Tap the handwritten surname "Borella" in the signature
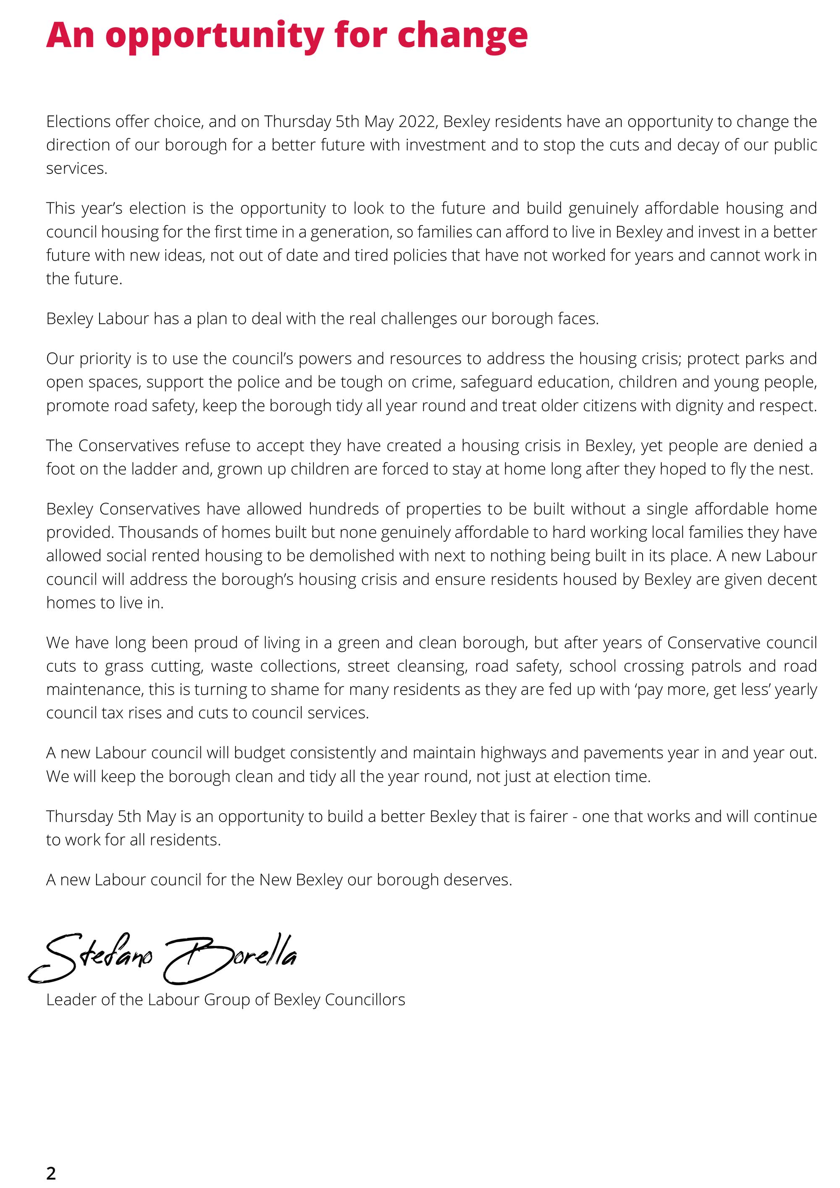pyautogui.click(x=233, y=958)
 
